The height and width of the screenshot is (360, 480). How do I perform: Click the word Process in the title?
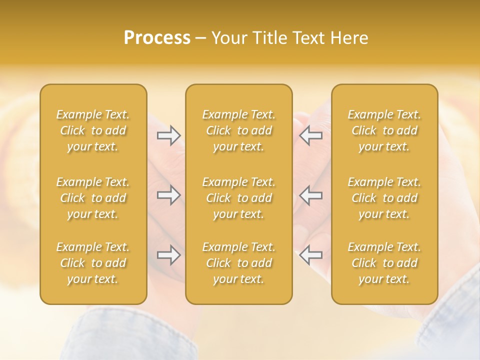pos(157,38)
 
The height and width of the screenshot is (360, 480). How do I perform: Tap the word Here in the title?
pos(349,38)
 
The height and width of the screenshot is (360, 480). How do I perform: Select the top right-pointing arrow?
pos(169,135)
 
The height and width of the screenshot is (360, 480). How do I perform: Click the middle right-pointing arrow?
pos(169,195)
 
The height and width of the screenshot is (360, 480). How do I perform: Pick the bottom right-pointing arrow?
pos(169,255)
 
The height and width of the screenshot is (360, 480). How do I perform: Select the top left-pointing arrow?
pos(310,135)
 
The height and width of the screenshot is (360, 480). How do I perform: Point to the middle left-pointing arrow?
pos(310,195)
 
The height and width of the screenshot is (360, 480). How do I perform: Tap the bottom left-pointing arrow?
pos(310,255)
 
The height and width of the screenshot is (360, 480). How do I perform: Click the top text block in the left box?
pos(93,130)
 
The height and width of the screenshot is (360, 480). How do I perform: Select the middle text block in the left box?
pos(93,198)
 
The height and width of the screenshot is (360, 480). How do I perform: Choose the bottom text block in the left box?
pos(93,263)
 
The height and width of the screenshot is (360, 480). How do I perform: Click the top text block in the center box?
pos(238,130)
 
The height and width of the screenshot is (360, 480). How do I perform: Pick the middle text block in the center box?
pos(238,198)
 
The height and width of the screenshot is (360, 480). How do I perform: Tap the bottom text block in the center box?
pos(238,263)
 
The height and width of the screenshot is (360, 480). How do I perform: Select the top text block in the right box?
pos(384,130)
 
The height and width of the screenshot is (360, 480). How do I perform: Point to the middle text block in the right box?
pos(384,198)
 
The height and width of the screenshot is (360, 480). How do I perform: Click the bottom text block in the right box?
pos(384,263)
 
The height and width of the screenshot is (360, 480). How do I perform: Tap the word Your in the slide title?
pos(228,38)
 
